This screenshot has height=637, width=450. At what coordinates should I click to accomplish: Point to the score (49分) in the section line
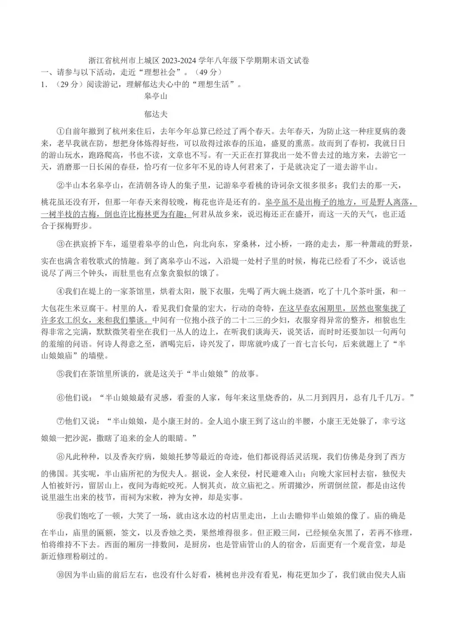[x=207, y=72]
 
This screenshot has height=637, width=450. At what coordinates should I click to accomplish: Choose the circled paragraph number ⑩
[x=61, y=575]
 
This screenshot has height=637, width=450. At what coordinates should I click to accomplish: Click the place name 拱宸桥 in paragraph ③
[x=88, y=244]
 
